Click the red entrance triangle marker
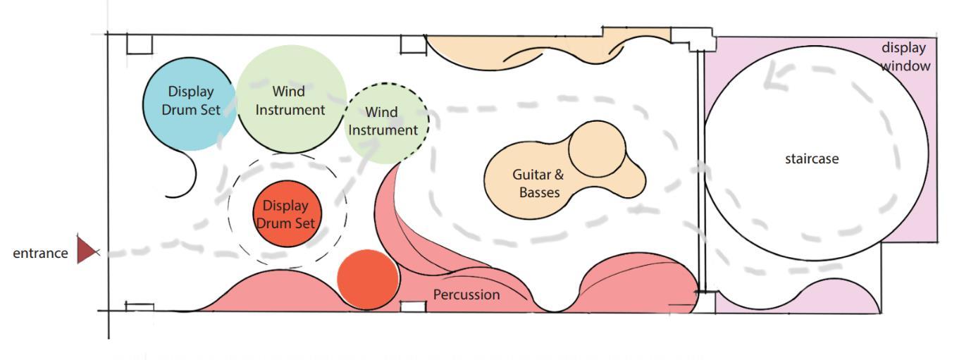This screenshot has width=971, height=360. (87, 250)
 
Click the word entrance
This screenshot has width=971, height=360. (40, 254)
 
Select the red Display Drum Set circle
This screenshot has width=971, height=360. (287, 214)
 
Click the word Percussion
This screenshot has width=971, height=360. (466, 294)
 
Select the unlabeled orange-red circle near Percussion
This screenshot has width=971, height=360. (367, 279)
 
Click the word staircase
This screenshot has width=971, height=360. (812, 159)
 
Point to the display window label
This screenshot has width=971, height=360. (905, 56)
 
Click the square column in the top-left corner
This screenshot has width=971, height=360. (139, 44)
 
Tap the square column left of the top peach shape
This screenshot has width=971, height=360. (413, 44)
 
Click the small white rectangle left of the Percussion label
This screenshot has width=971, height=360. (413, 306)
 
